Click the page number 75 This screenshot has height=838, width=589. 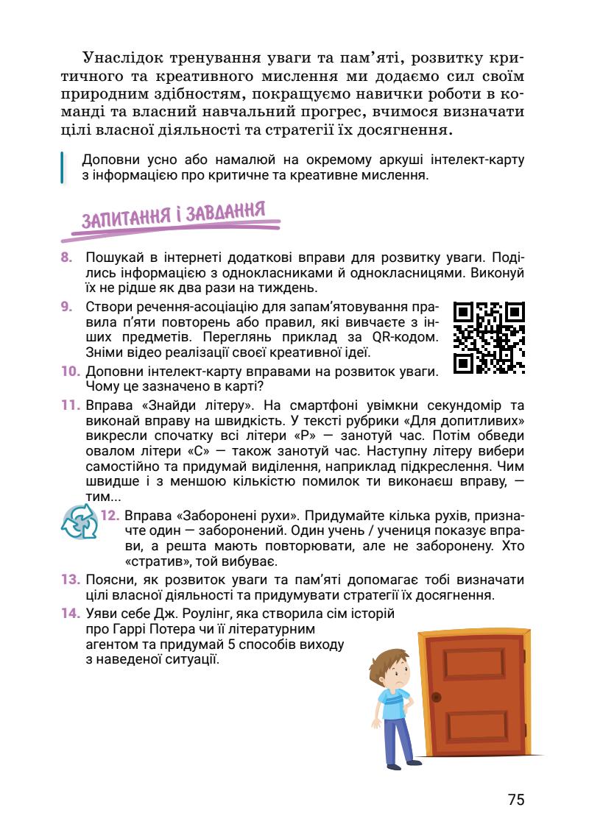click(515, 800)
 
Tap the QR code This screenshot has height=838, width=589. click(488, 337)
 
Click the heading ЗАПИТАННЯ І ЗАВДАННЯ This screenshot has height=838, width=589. click(173, 216)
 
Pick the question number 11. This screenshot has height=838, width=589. click(69, 405)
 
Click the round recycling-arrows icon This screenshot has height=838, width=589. click(79, 522)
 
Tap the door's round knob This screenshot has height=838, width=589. click(437, 697)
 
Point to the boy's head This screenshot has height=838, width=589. click(392, 666)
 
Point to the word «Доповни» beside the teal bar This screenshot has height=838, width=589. click(109, 160)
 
